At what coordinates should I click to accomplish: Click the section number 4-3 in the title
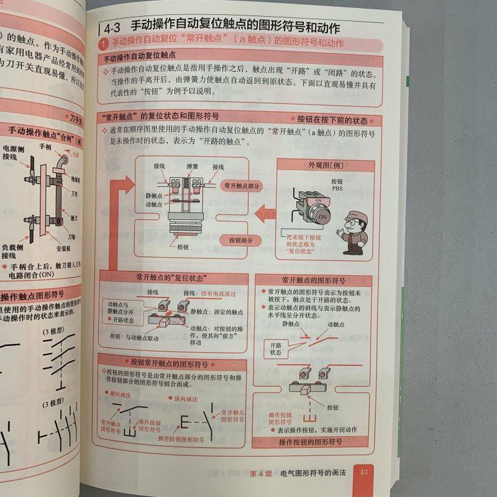click(x=116, y=27)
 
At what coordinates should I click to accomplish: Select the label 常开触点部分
click(x=242, y=186)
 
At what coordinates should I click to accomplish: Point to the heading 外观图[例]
click(x=326, y=165)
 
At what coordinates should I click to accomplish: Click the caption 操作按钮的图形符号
click(x=311, y=442)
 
